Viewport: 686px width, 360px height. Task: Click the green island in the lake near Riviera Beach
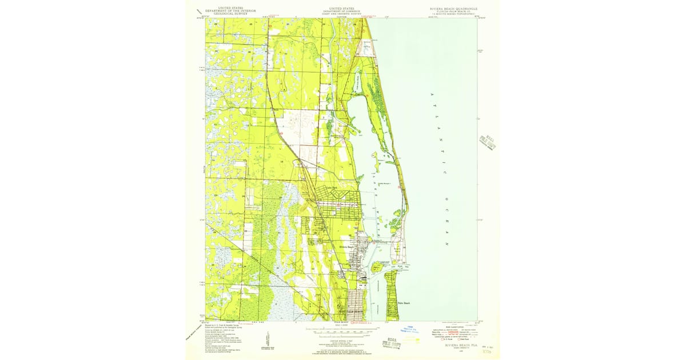(x=377, y=266)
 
